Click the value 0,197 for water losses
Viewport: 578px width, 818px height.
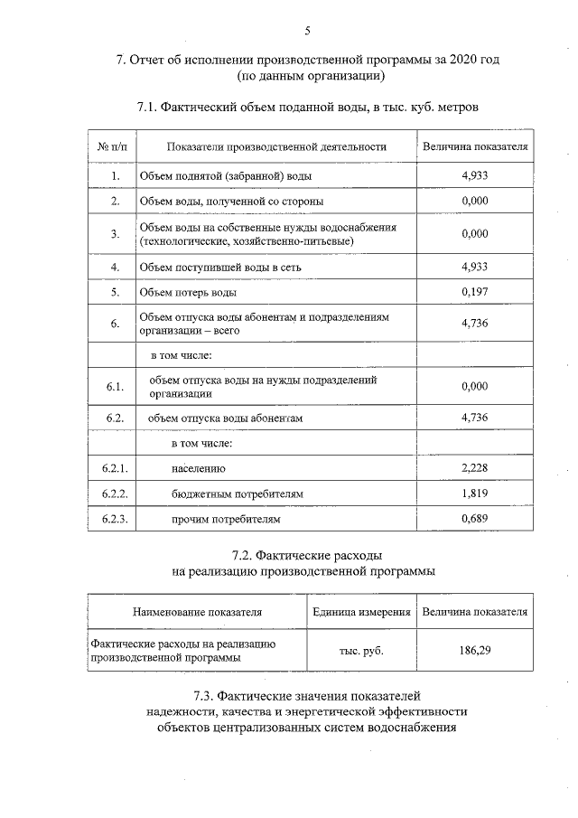tap(474, 293)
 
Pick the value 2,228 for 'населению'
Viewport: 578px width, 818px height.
tap(474, 467)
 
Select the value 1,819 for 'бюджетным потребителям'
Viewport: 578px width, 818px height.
tap(474, 494)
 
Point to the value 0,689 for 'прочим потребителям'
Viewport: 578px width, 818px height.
tap(474, 520)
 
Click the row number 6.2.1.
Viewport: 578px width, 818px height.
tap(114, 468)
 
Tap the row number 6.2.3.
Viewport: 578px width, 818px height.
tap(114, 520)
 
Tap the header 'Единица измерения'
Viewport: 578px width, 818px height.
tap(361, 612)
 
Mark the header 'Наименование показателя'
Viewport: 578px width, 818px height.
tap(197, 612)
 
